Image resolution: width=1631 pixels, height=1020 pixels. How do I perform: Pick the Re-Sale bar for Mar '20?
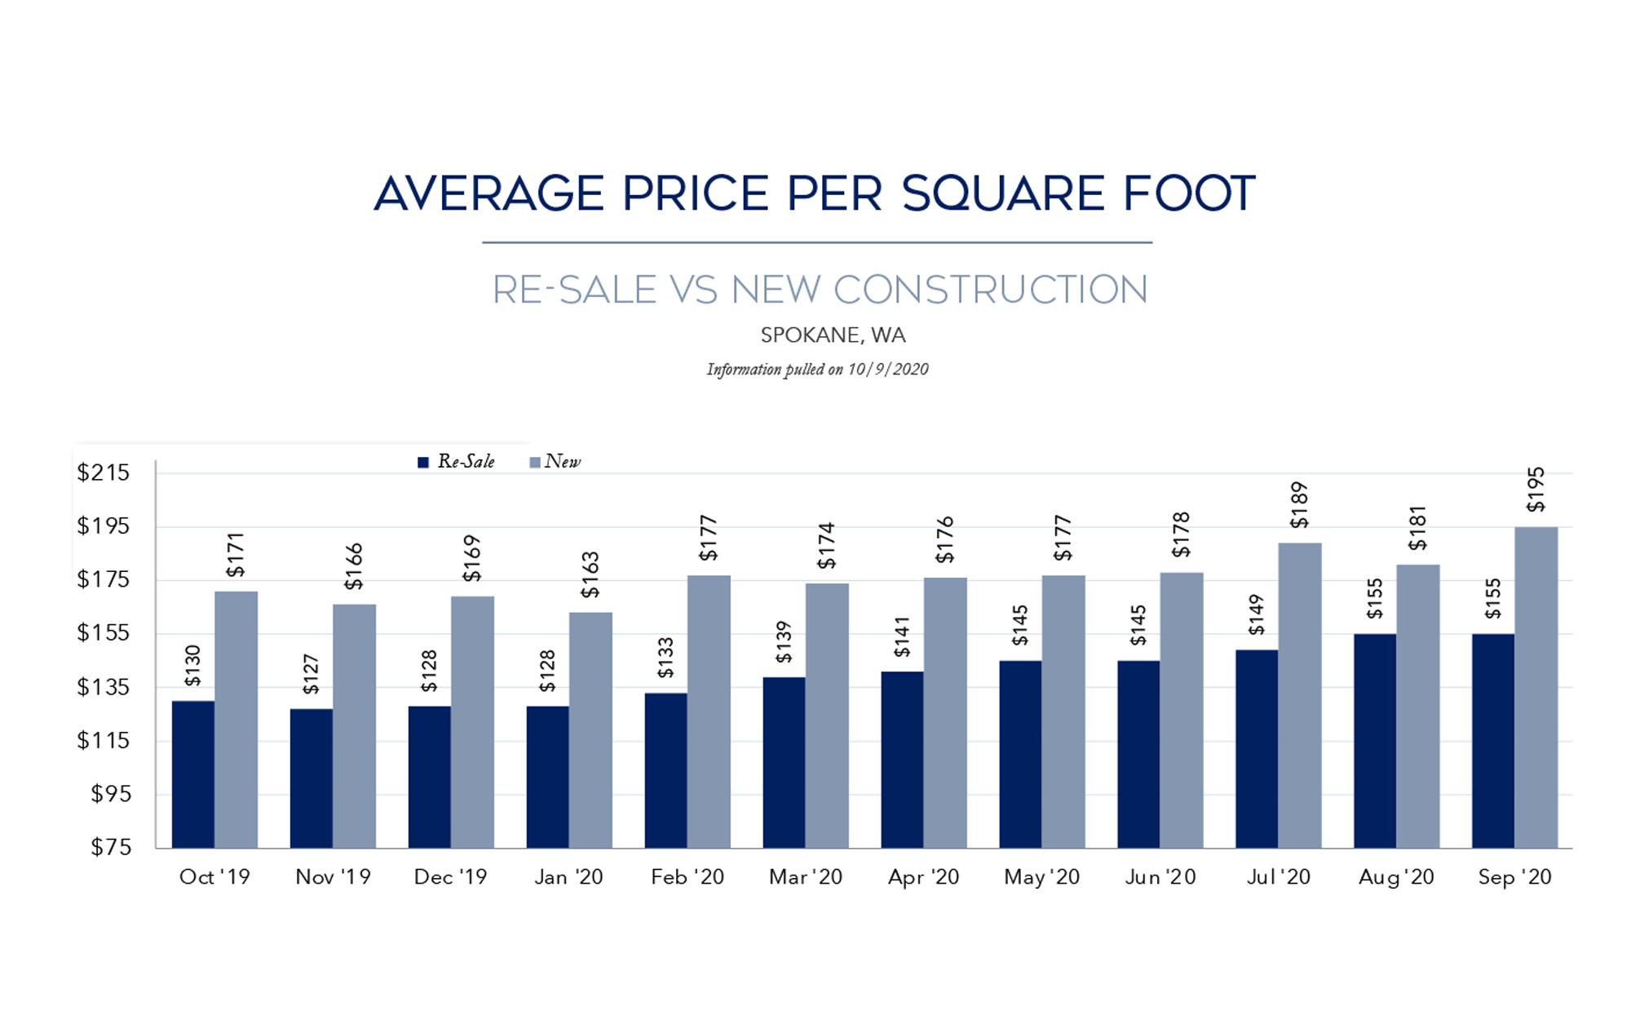(x=784, y=762)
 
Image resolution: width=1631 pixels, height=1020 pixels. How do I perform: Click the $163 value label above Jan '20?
(x=590, y=574)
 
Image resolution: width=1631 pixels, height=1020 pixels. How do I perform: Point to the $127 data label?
(x=311, y=674)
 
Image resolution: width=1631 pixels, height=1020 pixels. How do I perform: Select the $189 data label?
(x=1299, y=505)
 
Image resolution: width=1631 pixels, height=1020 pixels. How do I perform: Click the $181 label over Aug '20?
(x=1417, y=528)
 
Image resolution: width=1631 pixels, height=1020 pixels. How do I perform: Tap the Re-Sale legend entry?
(x=457, y=462)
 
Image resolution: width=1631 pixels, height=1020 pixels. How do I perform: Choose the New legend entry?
(x=555, y=462)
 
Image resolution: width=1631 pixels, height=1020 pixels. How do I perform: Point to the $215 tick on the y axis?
(x=104, y=472)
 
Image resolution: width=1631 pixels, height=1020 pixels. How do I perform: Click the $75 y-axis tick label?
(x=111, y=848)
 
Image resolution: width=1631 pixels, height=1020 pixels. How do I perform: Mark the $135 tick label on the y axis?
(x=104, y=687)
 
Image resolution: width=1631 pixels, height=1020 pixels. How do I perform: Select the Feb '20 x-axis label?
(x=687, y=877)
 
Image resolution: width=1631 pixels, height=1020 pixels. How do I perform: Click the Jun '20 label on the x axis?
(x=1160, y=877)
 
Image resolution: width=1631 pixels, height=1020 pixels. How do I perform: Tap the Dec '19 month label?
(x=450, y=877)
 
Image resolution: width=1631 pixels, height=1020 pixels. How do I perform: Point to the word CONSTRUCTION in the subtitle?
(x=990, y=290)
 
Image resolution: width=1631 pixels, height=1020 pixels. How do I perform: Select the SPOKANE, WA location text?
(x=833, y=335)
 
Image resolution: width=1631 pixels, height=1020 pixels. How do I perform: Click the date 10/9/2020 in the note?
(x=887, y=370)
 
